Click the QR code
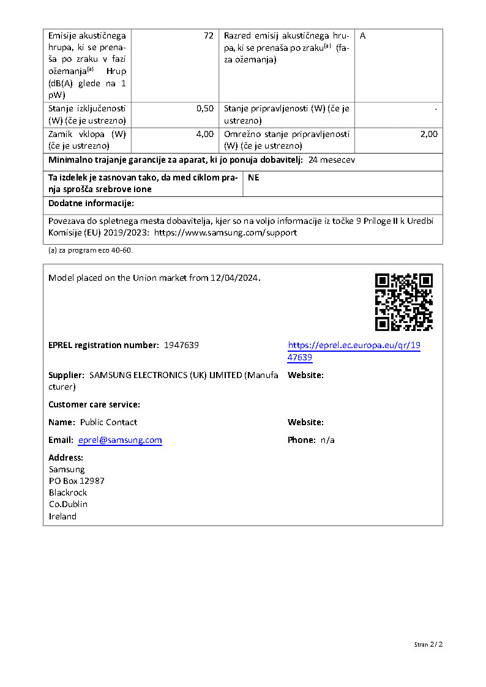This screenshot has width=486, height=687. tap(403, 302)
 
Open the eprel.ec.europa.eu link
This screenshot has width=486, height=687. tap(354, 351)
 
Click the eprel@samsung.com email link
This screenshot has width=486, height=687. tap(120, 440)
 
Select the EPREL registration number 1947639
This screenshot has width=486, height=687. tap(181, 345)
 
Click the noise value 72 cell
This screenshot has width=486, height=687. tap(208, 36)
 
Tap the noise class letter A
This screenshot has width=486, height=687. tap(363, 36)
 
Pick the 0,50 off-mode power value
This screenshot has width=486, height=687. tap(205, 109)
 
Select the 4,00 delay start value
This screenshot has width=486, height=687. tap(205, 134)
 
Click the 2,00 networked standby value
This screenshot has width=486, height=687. tap(428, 134)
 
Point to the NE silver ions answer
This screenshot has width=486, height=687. tap(253, 177)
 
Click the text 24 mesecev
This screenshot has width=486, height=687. tap(332, 160)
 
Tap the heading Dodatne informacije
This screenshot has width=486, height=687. tap(91, 203)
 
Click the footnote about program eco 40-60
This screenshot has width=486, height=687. tap(91, 250)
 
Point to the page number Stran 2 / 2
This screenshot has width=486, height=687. tap(428, 644)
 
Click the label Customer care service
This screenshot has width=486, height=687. tap(94, 404)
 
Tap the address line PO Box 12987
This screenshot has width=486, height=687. tap(77, 481)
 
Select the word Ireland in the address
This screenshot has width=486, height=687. tap(62, 516)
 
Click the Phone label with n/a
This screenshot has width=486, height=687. tap(311, 440)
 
